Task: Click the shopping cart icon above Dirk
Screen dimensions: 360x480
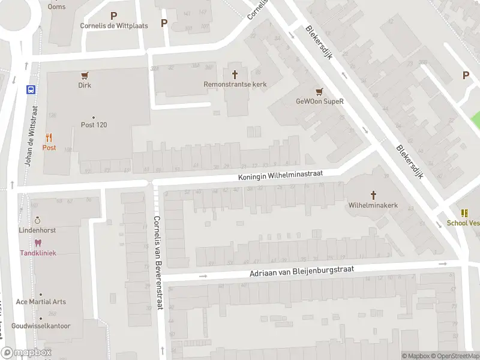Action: (85, 76)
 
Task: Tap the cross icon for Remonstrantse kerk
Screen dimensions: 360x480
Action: (235, 74)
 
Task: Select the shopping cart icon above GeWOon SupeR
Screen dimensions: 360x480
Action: (319, 91)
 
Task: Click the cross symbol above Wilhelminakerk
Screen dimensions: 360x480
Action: (373, 194)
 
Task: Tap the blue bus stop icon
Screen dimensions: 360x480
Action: (30, 89)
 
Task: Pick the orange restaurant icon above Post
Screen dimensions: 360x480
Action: (49, 137)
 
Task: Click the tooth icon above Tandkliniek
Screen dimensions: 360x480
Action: (38, 243)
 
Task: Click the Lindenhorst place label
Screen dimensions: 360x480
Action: (37, 230)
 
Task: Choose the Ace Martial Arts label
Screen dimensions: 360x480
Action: (41, 302)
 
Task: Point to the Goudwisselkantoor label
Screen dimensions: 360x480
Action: (41, 326)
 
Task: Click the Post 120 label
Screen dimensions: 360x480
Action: (94, 125)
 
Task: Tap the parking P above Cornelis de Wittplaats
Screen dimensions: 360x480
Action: (114, 16)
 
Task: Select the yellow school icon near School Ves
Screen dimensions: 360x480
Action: (464, 213)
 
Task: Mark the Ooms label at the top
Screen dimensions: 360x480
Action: (57, 7)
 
